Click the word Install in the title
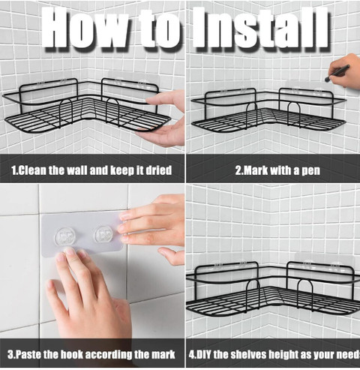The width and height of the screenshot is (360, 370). [261, 27]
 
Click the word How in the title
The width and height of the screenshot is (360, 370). [85, 27]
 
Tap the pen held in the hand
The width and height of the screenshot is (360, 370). [337, 73]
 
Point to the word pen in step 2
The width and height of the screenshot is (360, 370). [311, 171]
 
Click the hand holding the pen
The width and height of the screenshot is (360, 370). [346, 71]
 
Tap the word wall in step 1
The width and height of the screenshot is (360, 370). [76, 170]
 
